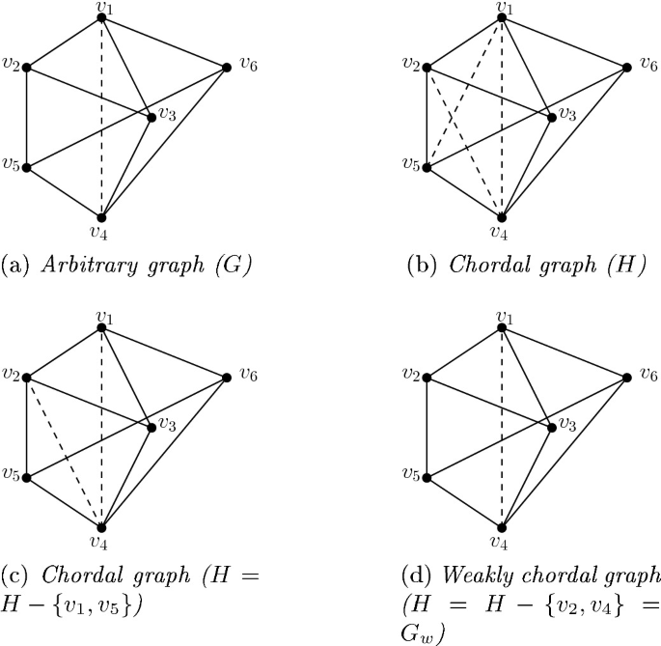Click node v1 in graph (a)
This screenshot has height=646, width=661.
[x=101, y=17]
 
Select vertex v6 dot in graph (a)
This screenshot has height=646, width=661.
[x=227, y=67]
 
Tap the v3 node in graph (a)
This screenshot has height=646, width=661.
[x=151, y=118]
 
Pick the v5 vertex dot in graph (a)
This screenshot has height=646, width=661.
[x=27, y=167]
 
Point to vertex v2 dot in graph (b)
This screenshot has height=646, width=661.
[x=427, y=68]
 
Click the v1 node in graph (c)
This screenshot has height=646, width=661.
[x=101, y=327]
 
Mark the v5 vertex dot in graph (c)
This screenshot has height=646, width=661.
[x=27, y=477]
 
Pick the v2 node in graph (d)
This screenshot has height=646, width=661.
[x=427, y=377]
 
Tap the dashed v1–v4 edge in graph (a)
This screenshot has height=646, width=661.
[x=101, y=116]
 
